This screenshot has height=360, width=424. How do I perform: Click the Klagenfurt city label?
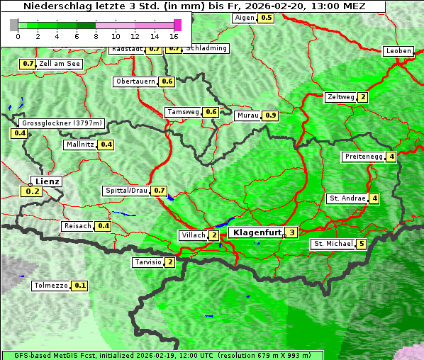[x=255, y=232]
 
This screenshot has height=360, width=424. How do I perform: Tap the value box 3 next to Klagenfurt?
[x=291, y=232]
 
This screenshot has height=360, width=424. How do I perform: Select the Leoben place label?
[x=398, y=51]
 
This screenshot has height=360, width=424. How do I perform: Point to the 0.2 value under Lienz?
[x=33, y=191]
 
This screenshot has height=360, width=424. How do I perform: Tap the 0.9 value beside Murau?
[x=270, y=116]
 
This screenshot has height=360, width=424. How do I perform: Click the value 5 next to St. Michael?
[x=362, y=244]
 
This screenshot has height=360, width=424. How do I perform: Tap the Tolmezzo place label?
[x=51, y=286]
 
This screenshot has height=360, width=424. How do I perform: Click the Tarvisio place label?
[x=147, y=262]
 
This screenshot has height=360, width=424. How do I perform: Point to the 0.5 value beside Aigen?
[x=266, y=18]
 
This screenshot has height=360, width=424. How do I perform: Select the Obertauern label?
[x=135, y=81]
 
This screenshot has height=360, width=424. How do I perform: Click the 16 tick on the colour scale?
[x=174, y=36]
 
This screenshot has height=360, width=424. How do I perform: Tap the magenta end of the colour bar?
[x=177, y=25]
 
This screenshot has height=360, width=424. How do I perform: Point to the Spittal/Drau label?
[x=126, y=191]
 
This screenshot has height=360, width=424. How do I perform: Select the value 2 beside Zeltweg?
[x=363, y=97]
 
